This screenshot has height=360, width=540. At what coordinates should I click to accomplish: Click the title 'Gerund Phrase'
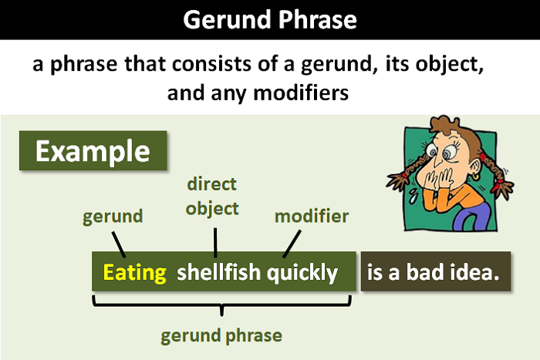269,19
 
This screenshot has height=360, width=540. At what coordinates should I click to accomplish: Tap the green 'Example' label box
93,150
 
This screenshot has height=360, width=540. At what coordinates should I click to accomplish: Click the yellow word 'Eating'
135,272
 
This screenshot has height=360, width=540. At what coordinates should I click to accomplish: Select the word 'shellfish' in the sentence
220,272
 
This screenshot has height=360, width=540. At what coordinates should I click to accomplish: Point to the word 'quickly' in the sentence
302,272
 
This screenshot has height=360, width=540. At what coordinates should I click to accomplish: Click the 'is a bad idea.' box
435,272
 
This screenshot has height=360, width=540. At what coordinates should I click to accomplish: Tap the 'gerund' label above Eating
113,216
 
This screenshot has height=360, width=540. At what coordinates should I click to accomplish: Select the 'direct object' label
213,196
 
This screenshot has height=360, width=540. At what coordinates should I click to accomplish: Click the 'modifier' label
311,216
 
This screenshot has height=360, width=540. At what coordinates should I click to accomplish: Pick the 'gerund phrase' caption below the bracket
221,336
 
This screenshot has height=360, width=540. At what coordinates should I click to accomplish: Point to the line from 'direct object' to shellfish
215,241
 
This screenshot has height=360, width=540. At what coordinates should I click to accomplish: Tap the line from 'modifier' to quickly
291,244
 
